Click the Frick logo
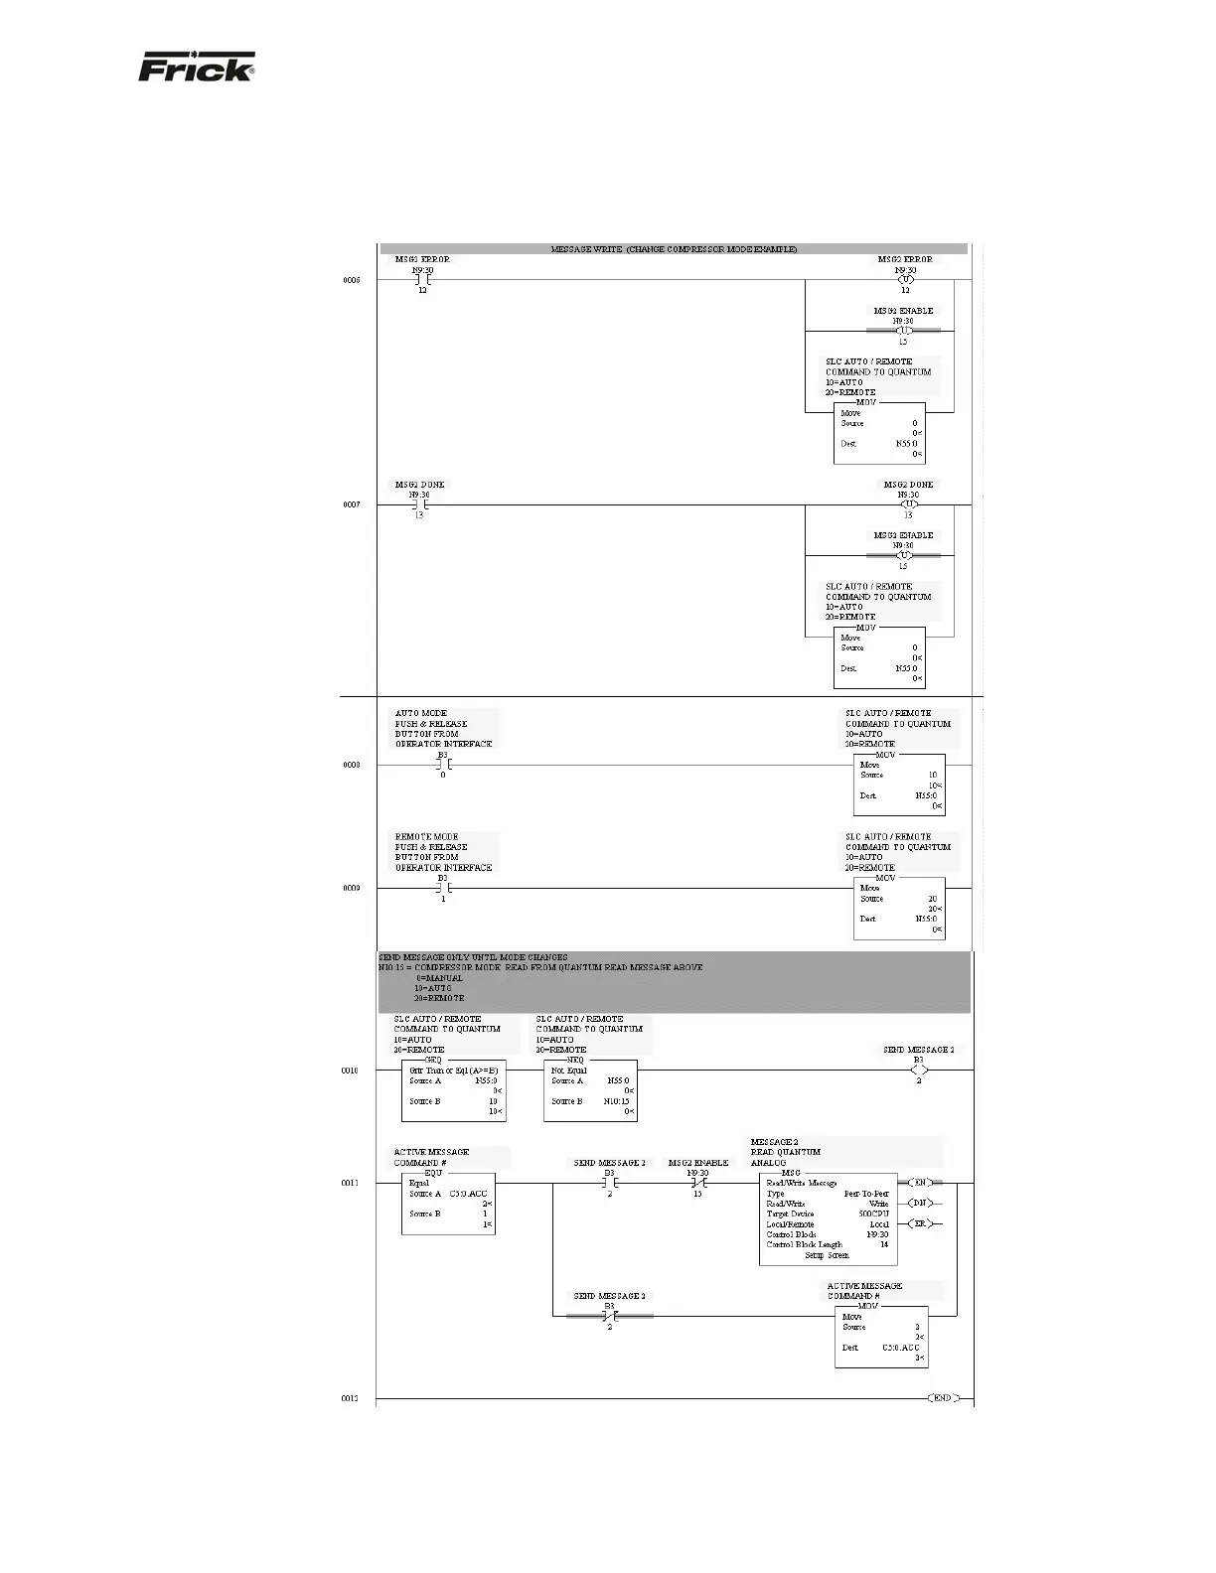[x=196, y=68]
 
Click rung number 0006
[x=351, y=280]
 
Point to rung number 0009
[x=351, y=888]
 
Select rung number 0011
[x=351, y=1183]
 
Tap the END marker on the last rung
[x=943, y=1397]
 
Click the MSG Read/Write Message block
[x=828, y=1218]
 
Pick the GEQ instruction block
[x=454, y=1090]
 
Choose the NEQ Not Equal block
[x=590, y=1090]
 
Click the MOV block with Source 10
[x=898, y=786]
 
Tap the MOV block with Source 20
[x=898, y=908]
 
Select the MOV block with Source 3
[x=880, y=1337]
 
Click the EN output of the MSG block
[x=920, y=1183]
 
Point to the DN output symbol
[x=920, y=1204]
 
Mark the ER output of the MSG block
[x=920, y=1223]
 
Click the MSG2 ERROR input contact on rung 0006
[x=422, y=280]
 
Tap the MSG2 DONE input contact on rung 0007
[x=419, y=504]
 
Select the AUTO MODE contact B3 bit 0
[x=443, y=765]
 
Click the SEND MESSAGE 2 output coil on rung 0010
[x=919, y=1071]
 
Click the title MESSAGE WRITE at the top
[x=674, y=249]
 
